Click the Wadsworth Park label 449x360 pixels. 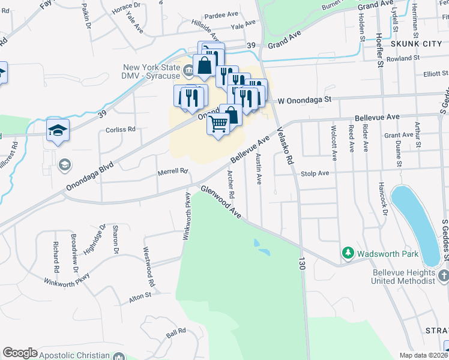tap(388, 254)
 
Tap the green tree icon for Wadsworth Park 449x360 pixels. tap(347, 254)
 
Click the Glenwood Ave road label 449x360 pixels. tap(221, 203)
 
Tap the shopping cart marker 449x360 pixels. tap(219, 124)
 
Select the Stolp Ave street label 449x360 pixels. tap(315, 173)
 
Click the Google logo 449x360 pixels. tap(20, 353)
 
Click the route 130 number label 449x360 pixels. tap(301, 262)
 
